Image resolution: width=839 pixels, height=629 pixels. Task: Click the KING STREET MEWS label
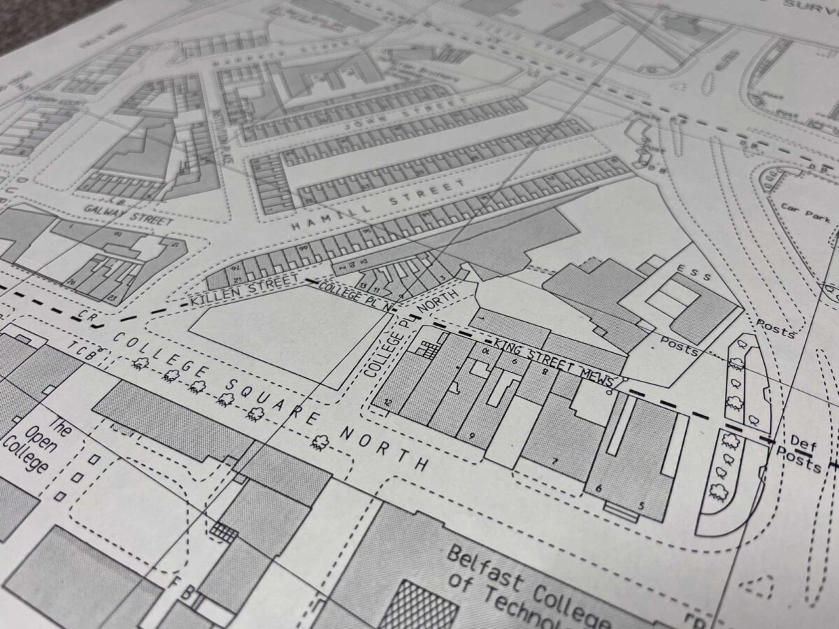point(552,362)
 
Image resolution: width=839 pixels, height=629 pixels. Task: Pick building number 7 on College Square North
point(555,461)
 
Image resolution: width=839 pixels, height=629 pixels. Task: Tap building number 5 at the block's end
point(640,505)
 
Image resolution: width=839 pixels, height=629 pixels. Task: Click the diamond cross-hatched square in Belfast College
point(420,605)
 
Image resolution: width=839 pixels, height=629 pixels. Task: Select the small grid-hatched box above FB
point(223,532)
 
